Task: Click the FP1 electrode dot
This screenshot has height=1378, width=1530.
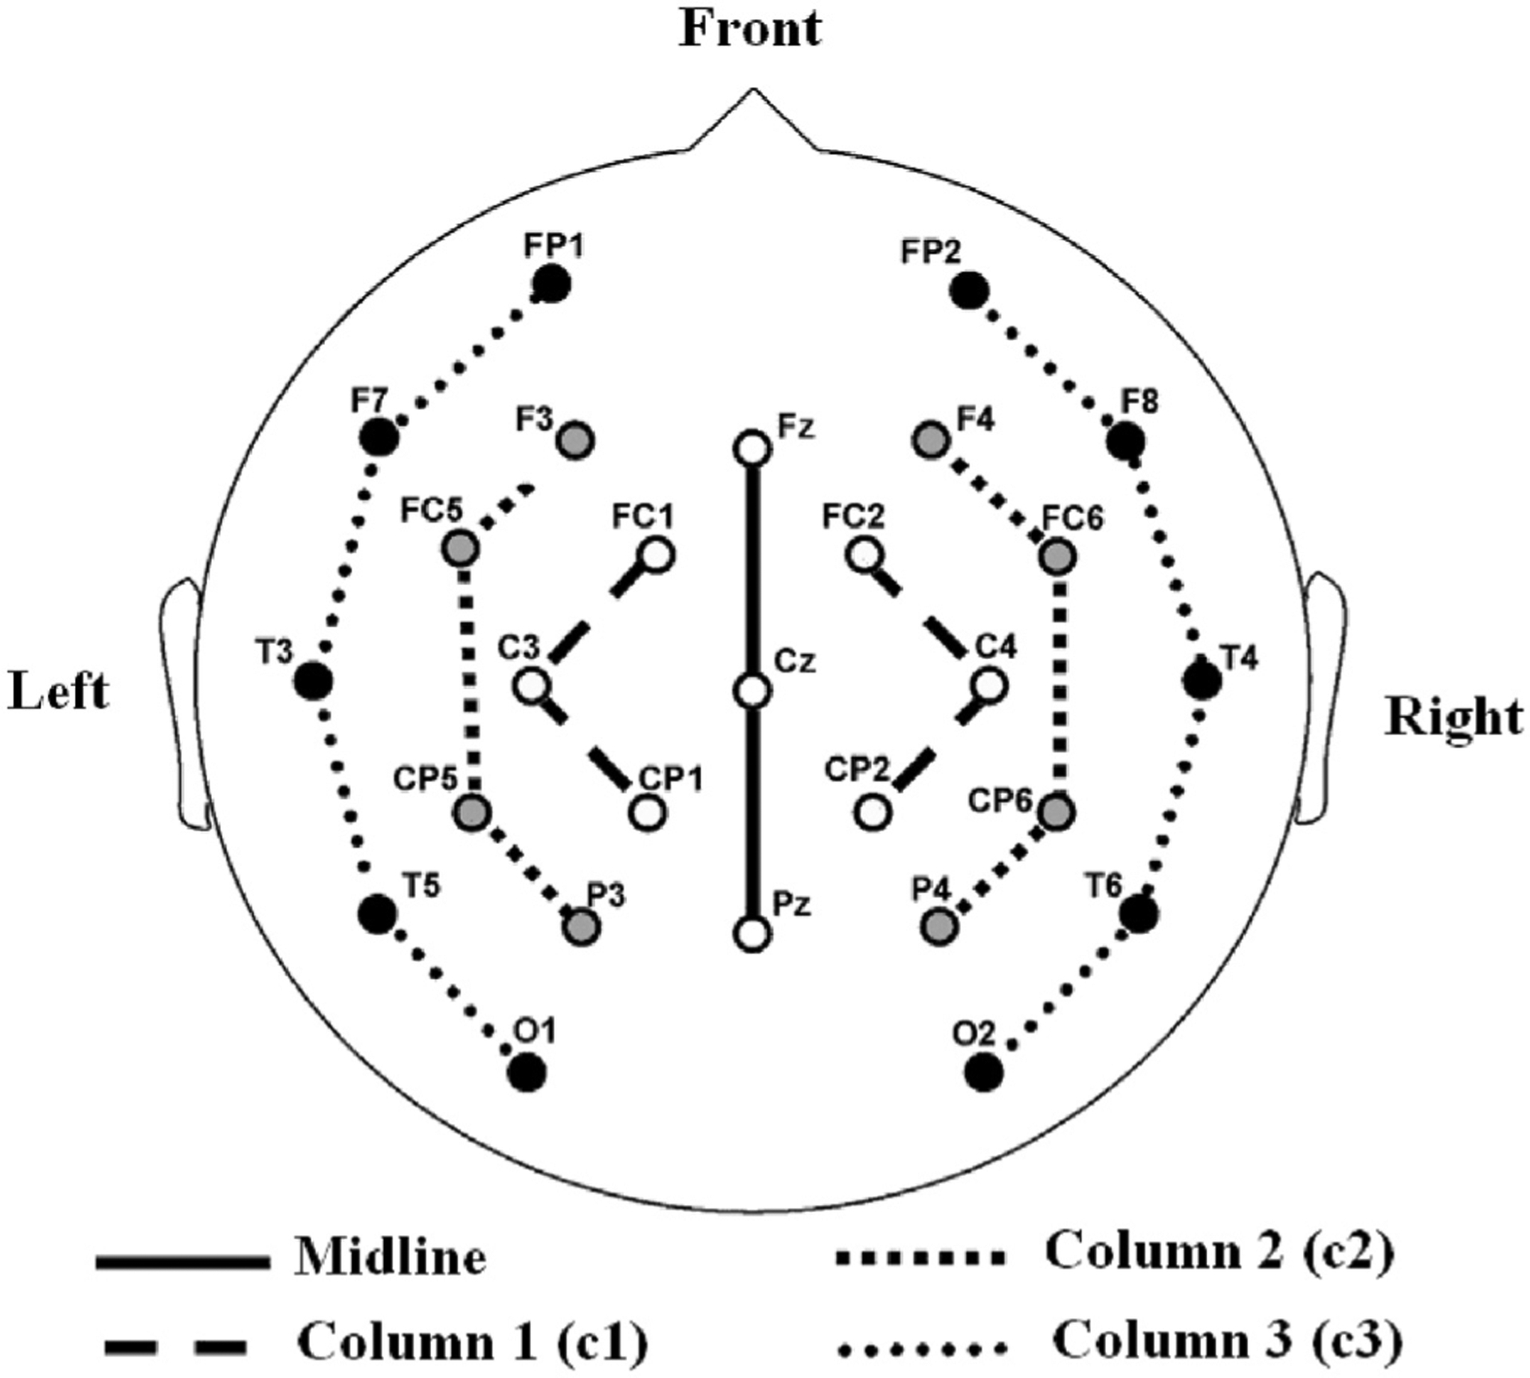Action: [552, 285]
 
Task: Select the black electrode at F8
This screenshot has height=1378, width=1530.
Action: [1125, 440]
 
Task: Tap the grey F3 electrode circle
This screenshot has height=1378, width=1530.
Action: [575, 440]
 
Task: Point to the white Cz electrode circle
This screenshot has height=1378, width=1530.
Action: [752, 690]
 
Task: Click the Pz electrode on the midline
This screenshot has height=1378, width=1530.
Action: [752, 934]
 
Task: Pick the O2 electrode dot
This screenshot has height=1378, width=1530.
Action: [983, 1071]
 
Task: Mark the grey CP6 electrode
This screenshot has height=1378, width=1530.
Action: [1057, 813]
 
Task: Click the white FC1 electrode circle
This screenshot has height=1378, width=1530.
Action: [656, 555]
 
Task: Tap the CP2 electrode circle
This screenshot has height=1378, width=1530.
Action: [873, 813]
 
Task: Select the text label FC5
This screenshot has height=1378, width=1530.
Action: [431, 511]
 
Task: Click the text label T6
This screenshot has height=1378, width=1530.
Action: [1105, 885]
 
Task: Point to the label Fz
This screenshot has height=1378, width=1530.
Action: [795, 427]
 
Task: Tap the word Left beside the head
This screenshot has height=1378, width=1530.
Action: [58, 692]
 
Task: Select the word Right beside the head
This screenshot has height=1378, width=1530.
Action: [1454, 716]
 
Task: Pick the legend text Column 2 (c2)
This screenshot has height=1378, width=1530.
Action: [1219, 1250]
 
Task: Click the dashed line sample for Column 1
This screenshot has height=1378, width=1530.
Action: [175, 1345]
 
